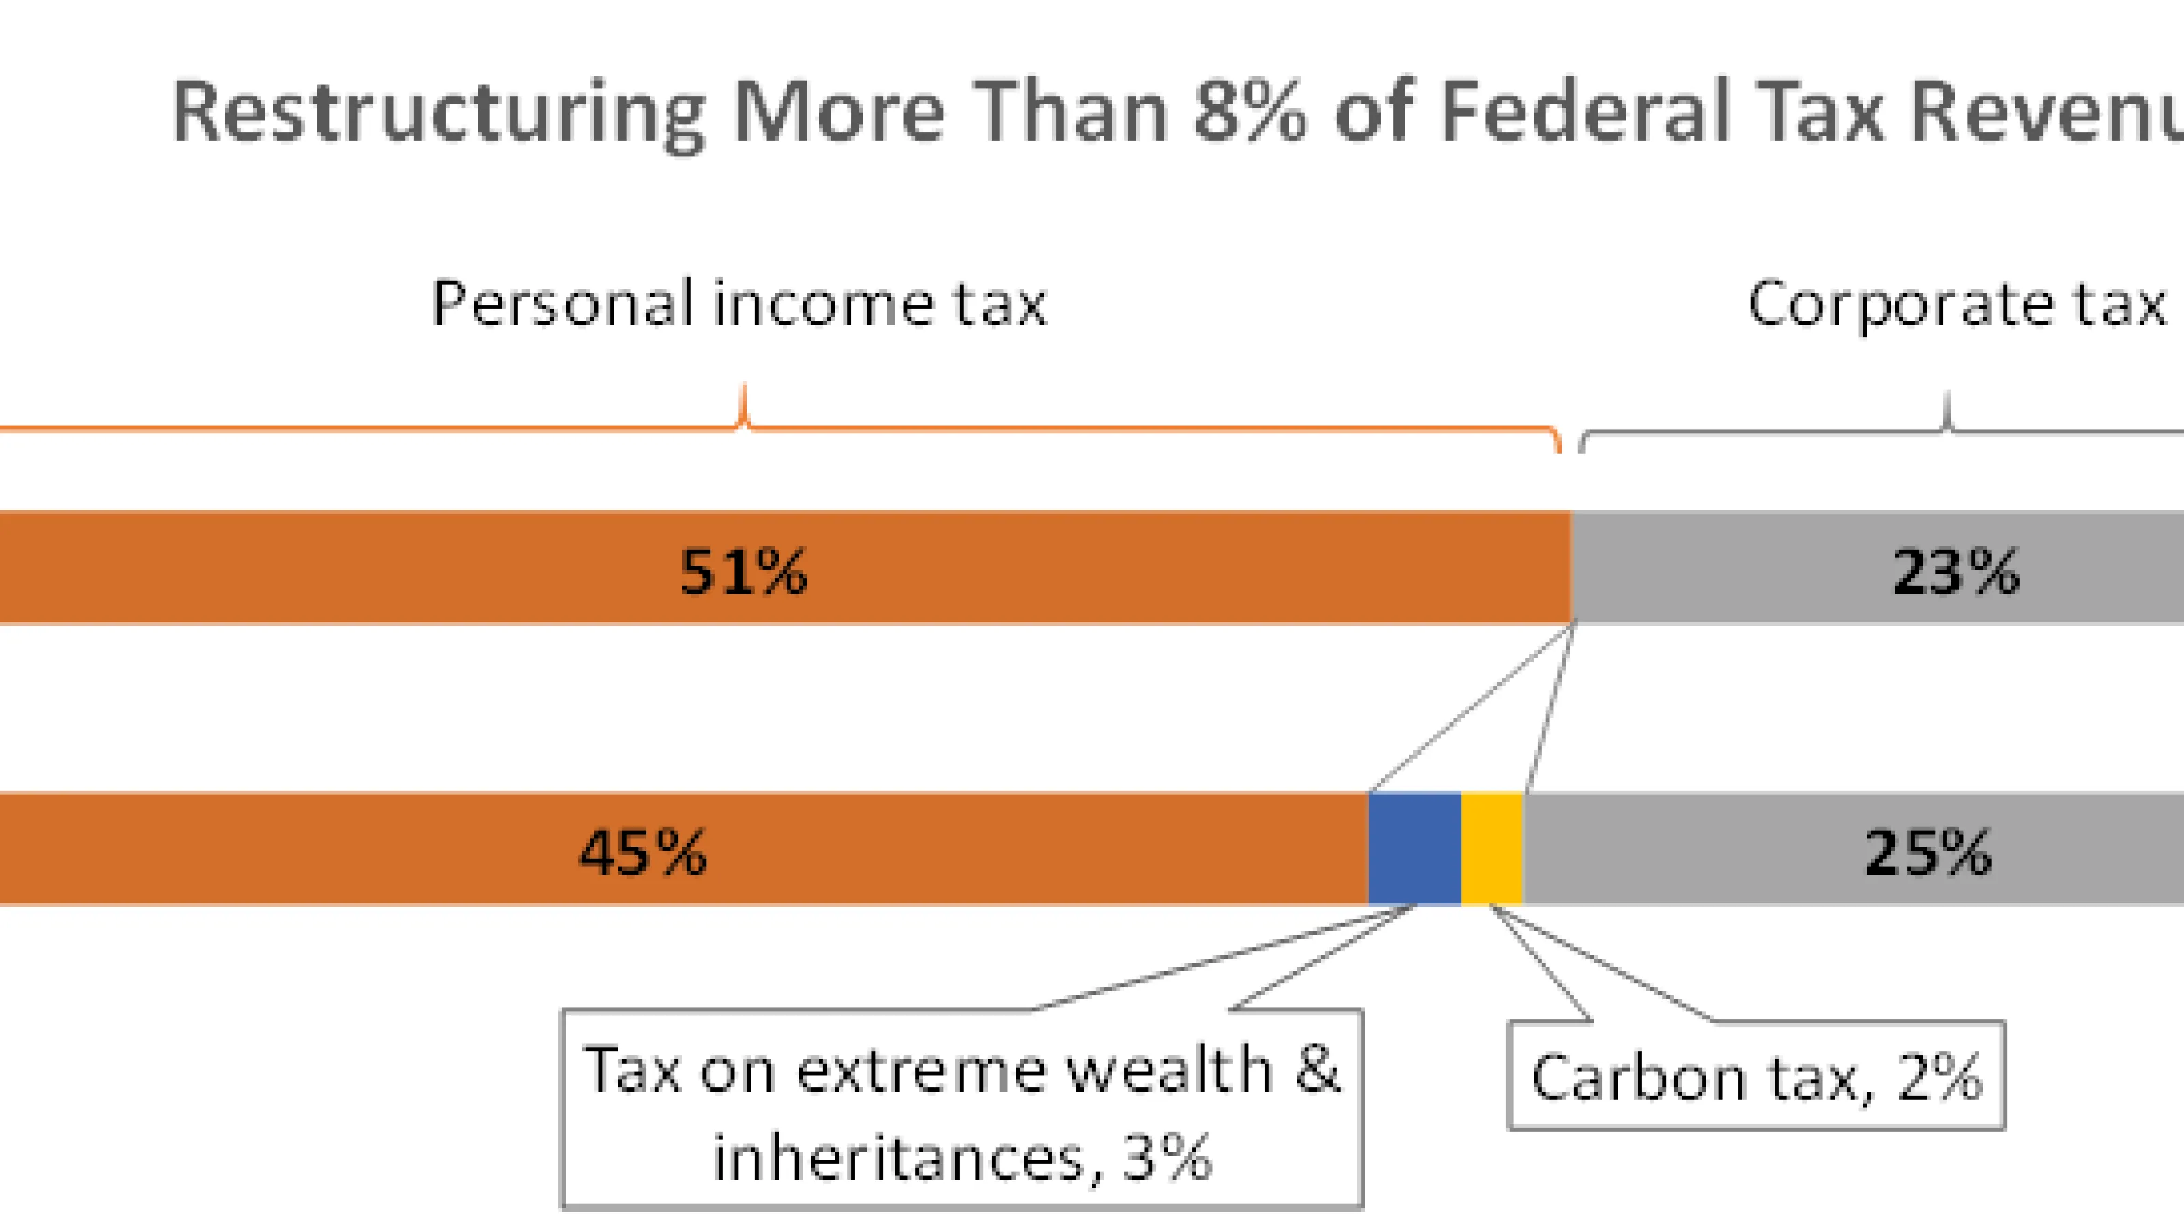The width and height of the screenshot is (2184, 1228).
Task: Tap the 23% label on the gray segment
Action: (x=1956, y=572)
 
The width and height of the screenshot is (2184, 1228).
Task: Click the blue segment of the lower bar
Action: (x=1414, y=848)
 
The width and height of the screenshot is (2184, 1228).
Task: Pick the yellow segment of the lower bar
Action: (x=1491, y=848)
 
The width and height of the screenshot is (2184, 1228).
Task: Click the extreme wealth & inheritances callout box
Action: (x=962, y=1109)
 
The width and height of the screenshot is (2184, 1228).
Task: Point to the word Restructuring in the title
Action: (x=438, y=113)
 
